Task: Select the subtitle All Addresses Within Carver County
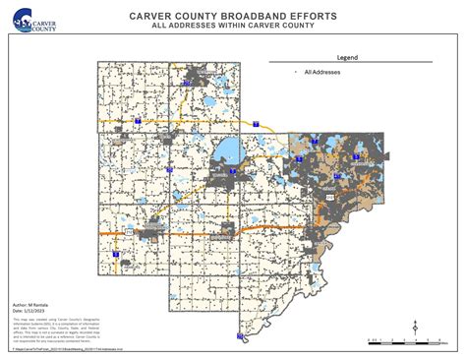[232, 26]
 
